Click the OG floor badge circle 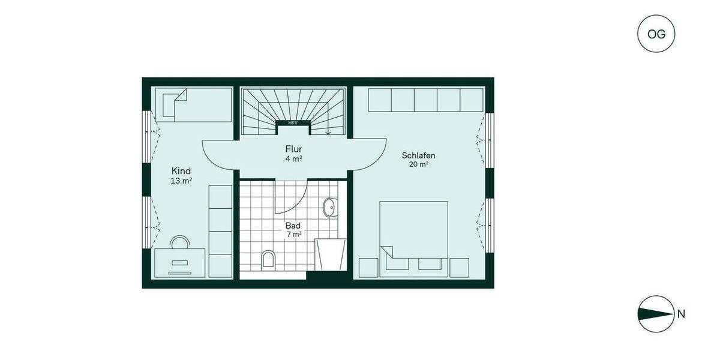[x=656, y=34]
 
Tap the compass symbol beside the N [x=656, y=314]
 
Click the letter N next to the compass [x=681, y=314]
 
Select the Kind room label [x=181, y=171]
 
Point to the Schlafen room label [x=418, y=155]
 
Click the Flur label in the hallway [x=293, y=149]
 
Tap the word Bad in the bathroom [x=293, y=226]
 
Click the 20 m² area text [x=419, y=164]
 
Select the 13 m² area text [x=181, y=180]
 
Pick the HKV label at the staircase [x=293, y=123]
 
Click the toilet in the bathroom [x=268, y=259]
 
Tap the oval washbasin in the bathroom [x=329, y=208]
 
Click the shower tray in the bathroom [x=331, y=254]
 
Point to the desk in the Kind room [x=180, y=263]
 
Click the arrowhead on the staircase [x=328, y=132]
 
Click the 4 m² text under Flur [x=293, y=159]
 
